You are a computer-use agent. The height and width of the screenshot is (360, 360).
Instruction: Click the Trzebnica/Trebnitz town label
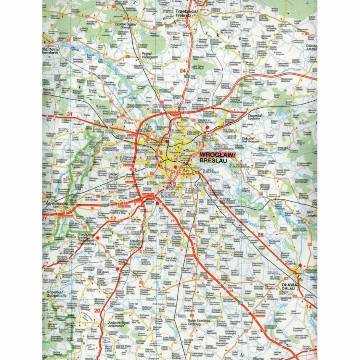tap(186, 14)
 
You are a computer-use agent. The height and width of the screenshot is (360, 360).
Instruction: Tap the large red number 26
tap(260, 235)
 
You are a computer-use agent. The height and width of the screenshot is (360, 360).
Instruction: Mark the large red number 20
tap(97, 311)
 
